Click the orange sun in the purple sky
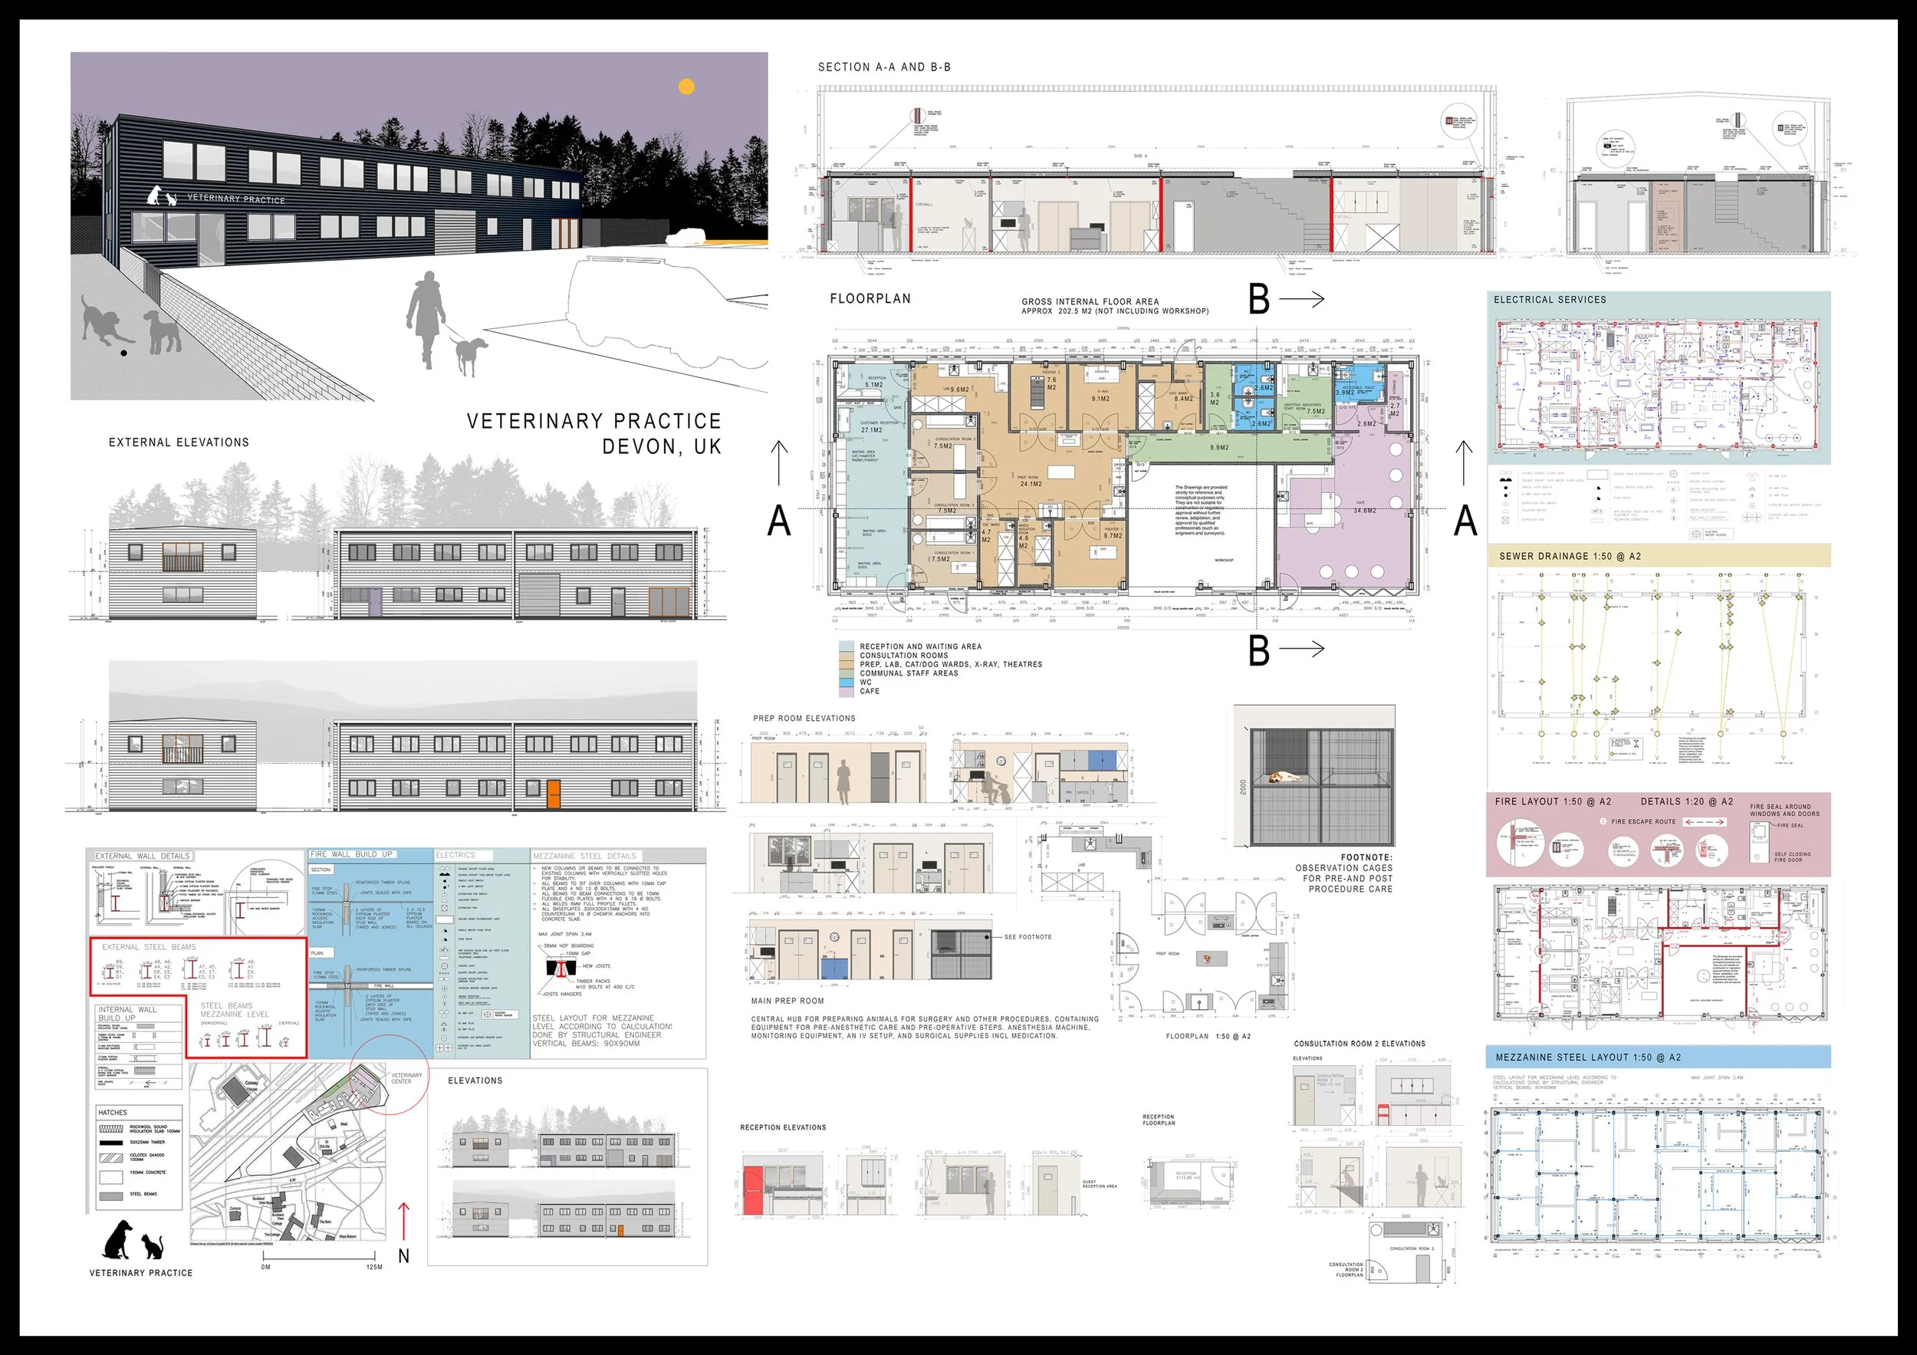[x=686, y=86]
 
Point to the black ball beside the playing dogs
[x=124, y=354]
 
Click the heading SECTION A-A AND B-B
[x=884, y=67]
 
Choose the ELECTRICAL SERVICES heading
[x=1550, y=300]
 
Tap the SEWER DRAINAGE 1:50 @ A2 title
[x=1570, y=556]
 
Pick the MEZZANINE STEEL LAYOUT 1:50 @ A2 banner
[x=1588, y=1057]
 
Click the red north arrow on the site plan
[x=404, y=1222]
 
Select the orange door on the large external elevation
[x=553, y=793]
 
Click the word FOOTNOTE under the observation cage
[x=1366, y=857]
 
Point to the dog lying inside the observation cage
[x=1284, y=778]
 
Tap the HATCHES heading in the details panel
[x=113, y=1112]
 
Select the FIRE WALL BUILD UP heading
[x=350, y=854]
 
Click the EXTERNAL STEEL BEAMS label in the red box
[x=149, y=947]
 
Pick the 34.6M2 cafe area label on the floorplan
[x=1364, y=510]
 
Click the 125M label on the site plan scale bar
[x=374, y=1267]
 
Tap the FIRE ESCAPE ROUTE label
[x=1643, y=821]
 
